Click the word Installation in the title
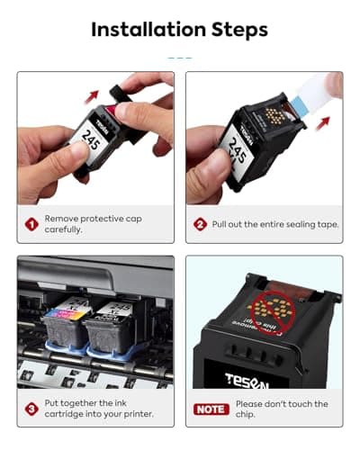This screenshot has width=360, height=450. (143, 29)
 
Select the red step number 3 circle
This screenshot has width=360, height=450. (31, 408)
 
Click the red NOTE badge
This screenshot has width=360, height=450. (211, 409)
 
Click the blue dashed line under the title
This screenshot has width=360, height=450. (180, 56)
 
